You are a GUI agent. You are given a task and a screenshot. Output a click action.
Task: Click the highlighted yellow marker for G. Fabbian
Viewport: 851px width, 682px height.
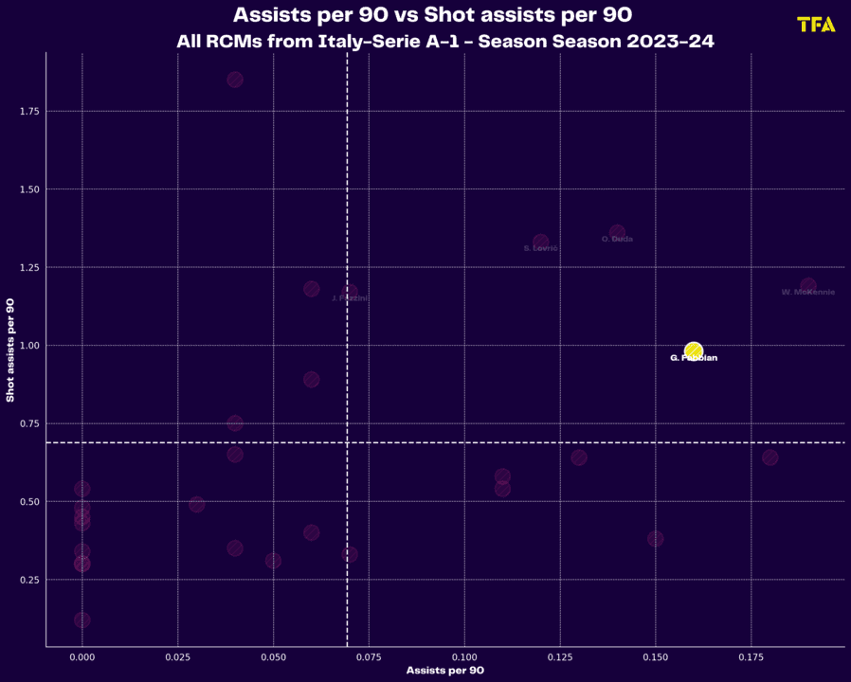click(x=694, y=351)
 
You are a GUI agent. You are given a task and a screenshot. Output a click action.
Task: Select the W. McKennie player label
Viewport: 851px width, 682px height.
click(x=807, y=293)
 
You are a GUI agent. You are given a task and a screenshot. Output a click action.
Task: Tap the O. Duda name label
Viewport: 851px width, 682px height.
click(x=617, y=240)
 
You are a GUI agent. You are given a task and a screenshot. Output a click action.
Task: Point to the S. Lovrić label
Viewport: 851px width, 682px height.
click(x=540, y=248)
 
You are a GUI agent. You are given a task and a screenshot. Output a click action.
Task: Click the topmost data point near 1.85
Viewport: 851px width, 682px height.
click(x=235, y=80)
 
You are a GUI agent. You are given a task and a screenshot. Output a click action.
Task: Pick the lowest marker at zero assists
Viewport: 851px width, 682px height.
click(x=82, y=620)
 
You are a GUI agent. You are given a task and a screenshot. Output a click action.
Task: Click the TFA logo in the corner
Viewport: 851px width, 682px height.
click(x=816, y=25)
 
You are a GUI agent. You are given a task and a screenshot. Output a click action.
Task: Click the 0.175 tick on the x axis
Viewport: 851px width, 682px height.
click(x=751, y=656)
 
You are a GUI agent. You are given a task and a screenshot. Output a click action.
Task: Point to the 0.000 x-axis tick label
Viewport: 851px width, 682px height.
click(x=82, y=656)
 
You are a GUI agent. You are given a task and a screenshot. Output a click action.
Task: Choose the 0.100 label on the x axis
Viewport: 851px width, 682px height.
click(x=464, y=656)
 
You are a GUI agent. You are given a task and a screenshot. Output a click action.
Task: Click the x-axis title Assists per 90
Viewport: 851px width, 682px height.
click(x=444, y=671)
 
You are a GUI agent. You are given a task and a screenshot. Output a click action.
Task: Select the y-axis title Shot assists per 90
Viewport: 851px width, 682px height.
click(x=10, y=350)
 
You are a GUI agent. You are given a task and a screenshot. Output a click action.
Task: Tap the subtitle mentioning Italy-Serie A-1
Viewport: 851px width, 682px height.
click(x=444, y=43)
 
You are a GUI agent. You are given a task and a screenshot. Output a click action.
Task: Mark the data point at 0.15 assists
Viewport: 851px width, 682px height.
click(x=656, y=539)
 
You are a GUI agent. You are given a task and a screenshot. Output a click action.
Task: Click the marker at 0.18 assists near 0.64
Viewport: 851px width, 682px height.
click(x=770, y=458)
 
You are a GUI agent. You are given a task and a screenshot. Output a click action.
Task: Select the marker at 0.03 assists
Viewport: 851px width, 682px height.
click(x=197, y=505)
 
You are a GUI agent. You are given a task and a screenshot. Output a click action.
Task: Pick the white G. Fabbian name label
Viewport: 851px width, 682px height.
click(x=694, y=358)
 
